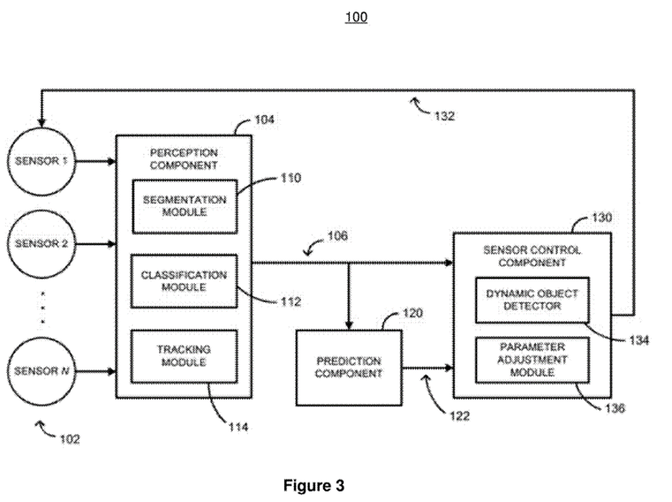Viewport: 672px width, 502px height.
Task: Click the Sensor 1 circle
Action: pyautogui.click(x=41, y=162)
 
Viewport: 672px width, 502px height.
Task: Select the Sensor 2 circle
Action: pyautogui.click(x=41, y=243)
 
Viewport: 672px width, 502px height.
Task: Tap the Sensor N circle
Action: pyautogui.click(x=41, y=372)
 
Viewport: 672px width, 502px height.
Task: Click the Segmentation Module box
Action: pyautogui.click(x=184, y=205)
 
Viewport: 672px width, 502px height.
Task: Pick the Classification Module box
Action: pyautogui.click(x=184, y=281)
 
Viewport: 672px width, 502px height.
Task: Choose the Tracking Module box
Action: pyautogui.click(x=184, y=356)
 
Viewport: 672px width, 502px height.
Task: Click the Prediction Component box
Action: pyautogui.click(x=349, y=368)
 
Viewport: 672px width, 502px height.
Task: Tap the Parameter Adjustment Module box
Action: pyautogui.click(x=531, y=360)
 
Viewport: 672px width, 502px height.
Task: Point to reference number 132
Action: pyautogui.click(x=445, y=117)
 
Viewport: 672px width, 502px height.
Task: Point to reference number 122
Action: pyautogui.click(x=456, y=416)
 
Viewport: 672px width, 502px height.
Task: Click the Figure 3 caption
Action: pyautogui.click(x=314, y=485)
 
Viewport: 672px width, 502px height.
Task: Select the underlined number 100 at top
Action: pyautogui.click(x=356, y=17)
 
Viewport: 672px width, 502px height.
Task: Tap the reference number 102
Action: pyautogui.click(x=69, y=439)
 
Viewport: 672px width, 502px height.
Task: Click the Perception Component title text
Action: pyautogui.click(x=184, y=159)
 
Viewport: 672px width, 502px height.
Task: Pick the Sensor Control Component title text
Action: pyautogui.click(x=531, y=256)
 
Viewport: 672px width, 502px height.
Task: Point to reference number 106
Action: pyautogui.click(x=337, y=237)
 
